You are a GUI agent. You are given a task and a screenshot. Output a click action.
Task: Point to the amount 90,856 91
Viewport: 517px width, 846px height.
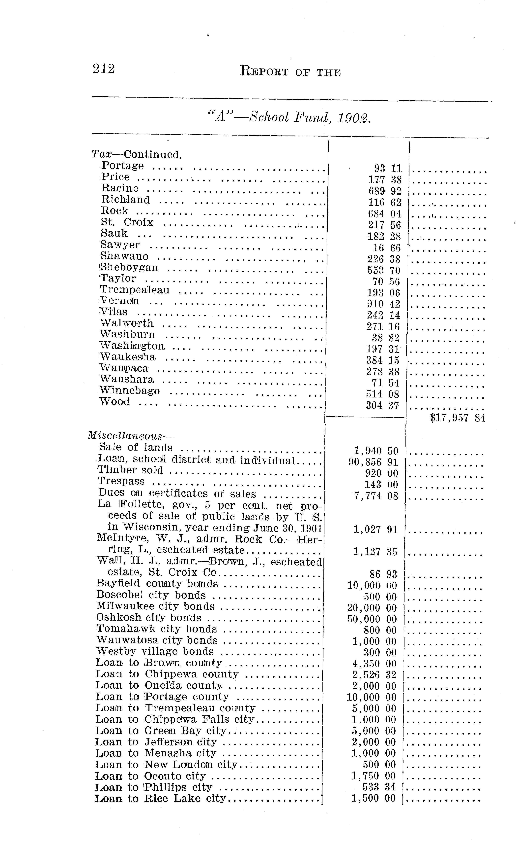click(373, 462)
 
